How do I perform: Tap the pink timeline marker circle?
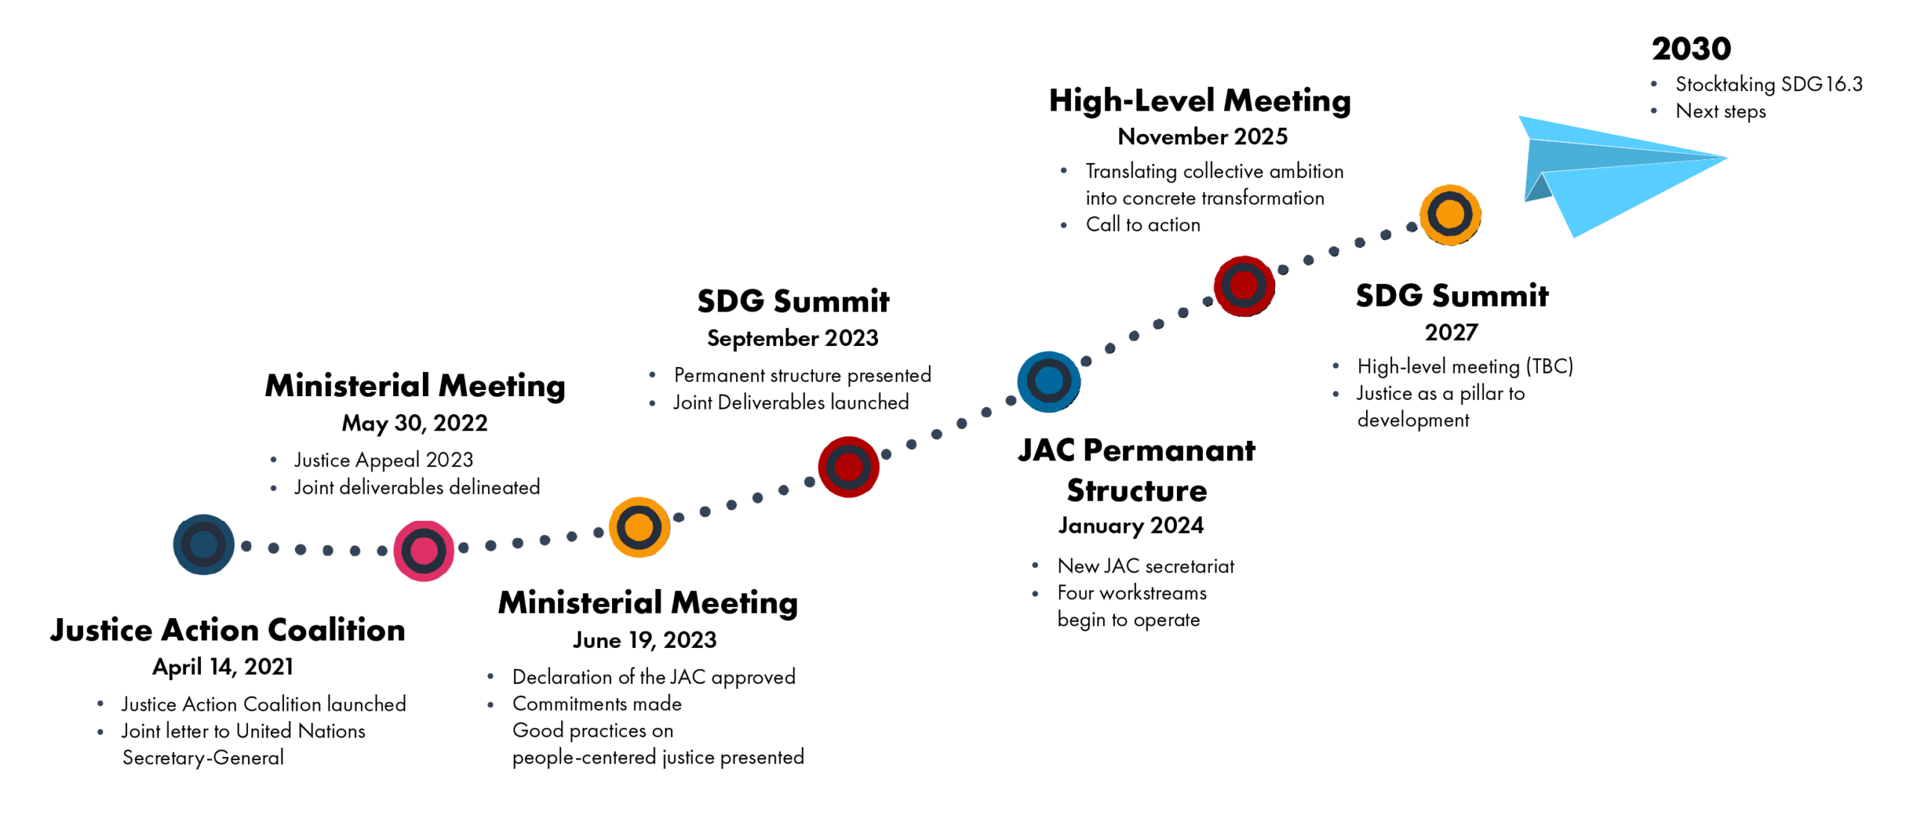424,551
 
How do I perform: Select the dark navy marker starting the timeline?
203,544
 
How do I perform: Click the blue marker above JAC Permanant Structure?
1048,381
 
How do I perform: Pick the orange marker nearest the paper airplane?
1450,214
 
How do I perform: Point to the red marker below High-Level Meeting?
1243,285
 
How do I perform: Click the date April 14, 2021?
223,666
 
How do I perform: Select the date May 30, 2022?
415,423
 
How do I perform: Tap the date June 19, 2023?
644,640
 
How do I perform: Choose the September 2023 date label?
792,338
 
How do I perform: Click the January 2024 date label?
1131,525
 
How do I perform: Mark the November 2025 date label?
1202,136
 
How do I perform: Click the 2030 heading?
1690,49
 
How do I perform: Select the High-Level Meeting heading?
1199,100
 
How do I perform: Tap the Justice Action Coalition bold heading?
228,629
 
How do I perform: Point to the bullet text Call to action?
1143,224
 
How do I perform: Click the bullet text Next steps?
1720,111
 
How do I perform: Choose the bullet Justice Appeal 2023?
383,460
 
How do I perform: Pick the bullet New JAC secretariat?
1146,566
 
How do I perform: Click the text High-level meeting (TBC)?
1465,366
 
